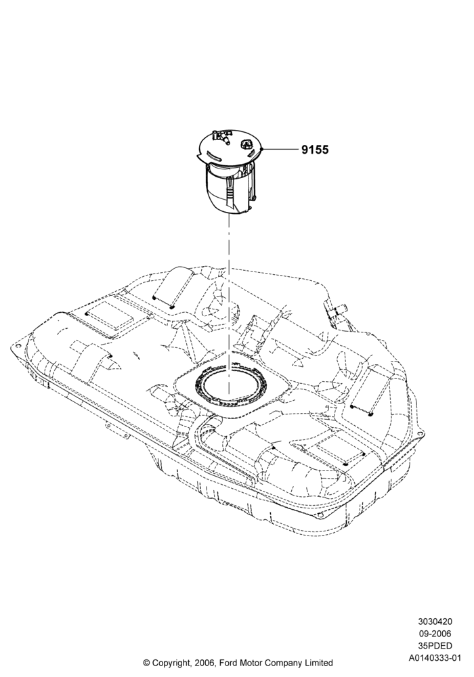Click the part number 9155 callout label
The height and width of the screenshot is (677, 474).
coord(315,150)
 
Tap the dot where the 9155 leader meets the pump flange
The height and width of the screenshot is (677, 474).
coord(262,150)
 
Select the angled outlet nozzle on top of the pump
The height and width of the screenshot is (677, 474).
coord(224,138)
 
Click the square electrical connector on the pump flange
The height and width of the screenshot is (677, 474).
coord(247,144)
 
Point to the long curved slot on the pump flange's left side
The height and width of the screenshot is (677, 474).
coord(216,154)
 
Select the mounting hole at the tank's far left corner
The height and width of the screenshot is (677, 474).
coord(17,346)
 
